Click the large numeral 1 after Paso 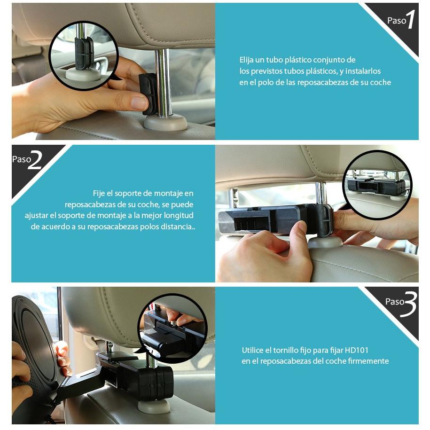pyautogui.click(x=411, y=19)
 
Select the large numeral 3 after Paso pyautogui.click(x=409, y=305)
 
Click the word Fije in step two pyautogui.click(x=99, y=194)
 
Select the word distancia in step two pyautogui.click(x=177, y=227)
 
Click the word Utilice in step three pyautogui.click(x=252, y=350)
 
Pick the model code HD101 pyautogui.click(x=357, y=350)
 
